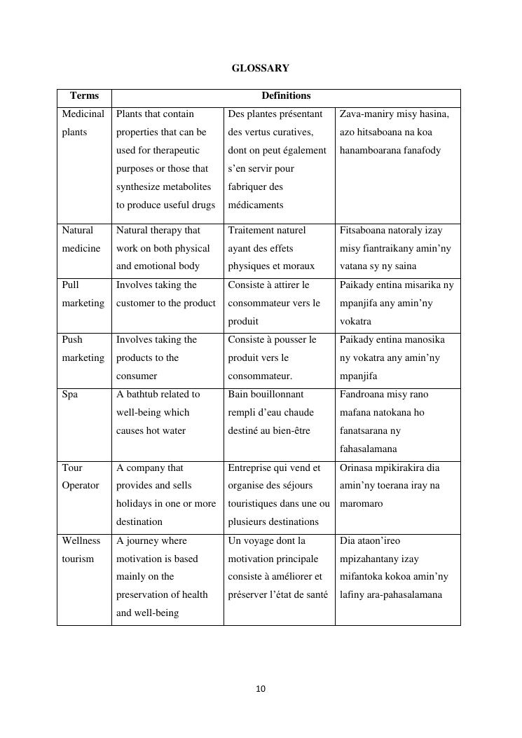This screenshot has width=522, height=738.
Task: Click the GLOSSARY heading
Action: pyautogui.click(x=260, y=68)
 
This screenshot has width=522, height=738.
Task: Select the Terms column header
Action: pyautogui.click(x=84, y=96)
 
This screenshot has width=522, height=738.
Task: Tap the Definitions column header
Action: pyautogui.click(x=286, y=96)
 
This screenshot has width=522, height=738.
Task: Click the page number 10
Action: pyautogui.click(x=261, y=689)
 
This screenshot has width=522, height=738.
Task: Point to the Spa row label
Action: pyautogui.click(x=70, y=395)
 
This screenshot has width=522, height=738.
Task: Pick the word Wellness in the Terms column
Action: pyautogui.click(x=81, y=540)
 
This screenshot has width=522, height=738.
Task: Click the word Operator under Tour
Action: pyautogui.click(x=81, y=486)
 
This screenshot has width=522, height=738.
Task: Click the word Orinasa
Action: pyautogui.click(x=359, y=467)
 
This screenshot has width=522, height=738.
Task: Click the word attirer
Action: pyautogui.click(x=282, y=285)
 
